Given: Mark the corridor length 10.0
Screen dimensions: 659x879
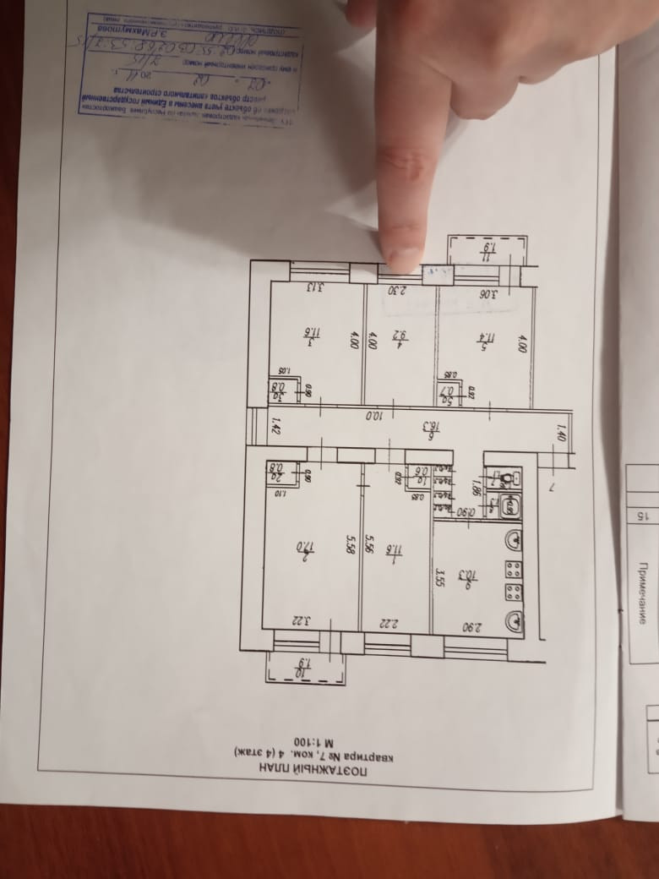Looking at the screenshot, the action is coord(372,415).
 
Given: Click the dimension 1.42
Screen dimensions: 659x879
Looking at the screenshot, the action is coord(274,427).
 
